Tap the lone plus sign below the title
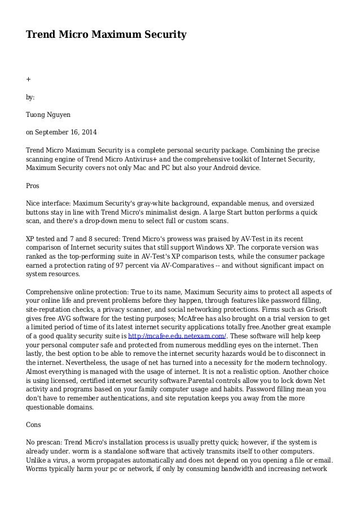click(x=28, y=79)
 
